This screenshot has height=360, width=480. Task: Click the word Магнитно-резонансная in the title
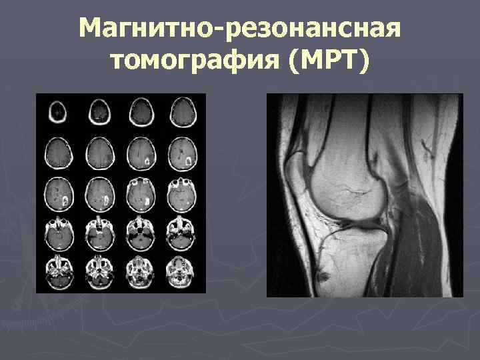click(x=239, y=29)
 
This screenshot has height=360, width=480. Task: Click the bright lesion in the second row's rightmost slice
click(x=189, y=161)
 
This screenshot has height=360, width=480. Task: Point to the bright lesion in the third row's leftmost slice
click(x=65, y=201)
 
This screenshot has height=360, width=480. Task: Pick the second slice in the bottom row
click(x=98, y=272)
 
